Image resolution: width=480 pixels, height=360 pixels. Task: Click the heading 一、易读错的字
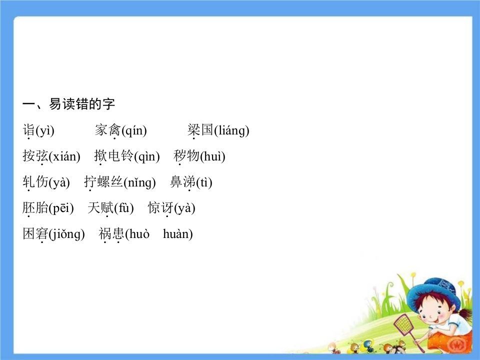coord(69,104)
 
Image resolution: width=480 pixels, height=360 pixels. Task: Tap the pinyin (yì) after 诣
coord(45,131)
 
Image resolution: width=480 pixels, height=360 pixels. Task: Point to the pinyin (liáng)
coord(231,131)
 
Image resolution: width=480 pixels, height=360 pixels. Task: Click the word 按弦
coord(35,156)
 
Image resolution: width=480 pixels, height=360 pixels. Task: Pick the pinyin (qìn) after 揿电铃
coord(147,156)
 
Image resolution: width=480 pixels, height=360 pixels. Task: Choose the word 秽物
coord(186,156)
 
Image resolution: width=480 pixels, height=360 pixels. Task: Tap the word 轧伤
coord(35,182)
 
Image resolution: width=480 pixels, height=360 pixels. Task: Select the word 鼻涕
coord(183,182)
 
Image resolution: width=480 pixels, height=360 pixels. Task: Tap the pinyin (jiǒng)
coord(67,234)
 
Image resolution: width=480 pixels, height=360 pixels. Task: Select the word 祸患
coord(111,234)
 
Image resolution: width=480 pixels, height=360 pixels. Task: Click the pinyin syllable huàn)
coord(178,234)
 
